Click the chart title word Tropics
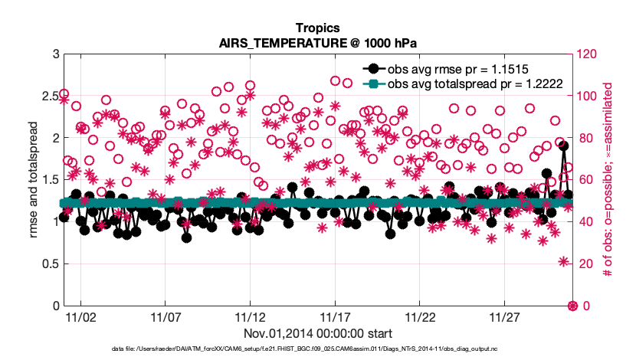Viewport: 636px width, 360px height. pyautogui.click(x=318, y=28)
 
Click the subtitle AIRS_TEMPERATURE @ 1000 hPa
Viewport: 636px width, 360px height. pyautogui.click(x=318, y=42)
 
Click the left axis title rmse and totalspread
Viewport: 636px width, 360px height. pyautogui.click(x=31, y=180)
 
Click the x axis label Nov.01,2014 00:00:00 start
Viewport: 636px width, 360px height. pyautogui.click(x=318, y=334)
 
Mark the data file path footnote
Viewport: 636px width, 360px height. pyautogui.click(x=318, y=349)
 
